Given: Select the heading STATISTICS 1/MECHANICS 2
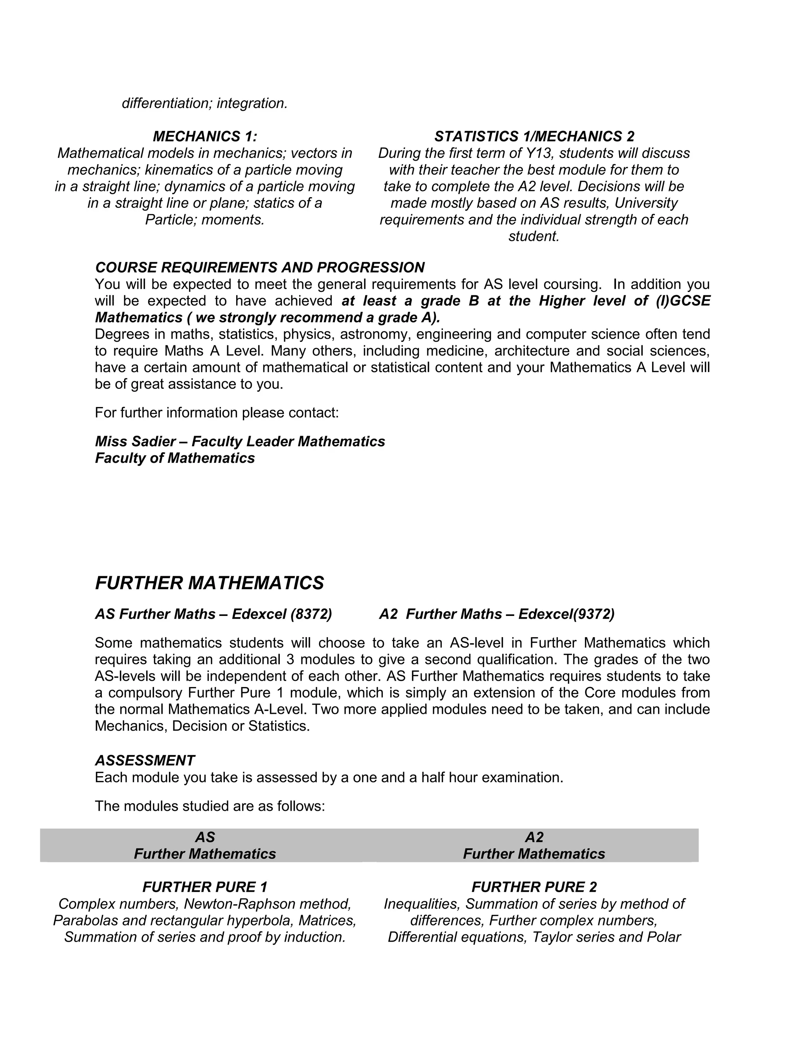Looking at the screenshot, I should pos(534,137).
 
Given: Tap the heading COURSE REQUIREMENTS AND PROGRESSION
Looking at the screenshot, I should pos(260,268).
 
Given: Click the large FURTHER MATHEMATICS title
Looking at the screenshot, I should pos(210,583).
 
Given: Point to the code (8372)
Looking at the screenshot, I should pos(311,614).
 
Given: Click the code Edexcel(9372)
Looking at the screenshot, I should pos(566,614).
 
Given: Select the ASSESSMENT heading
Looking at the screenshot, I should pos(145,760).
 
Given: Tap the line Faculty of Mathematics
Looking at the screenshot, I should pos(175,458).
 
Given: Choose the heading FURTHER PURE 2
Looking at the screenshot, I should pos(534,887).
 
